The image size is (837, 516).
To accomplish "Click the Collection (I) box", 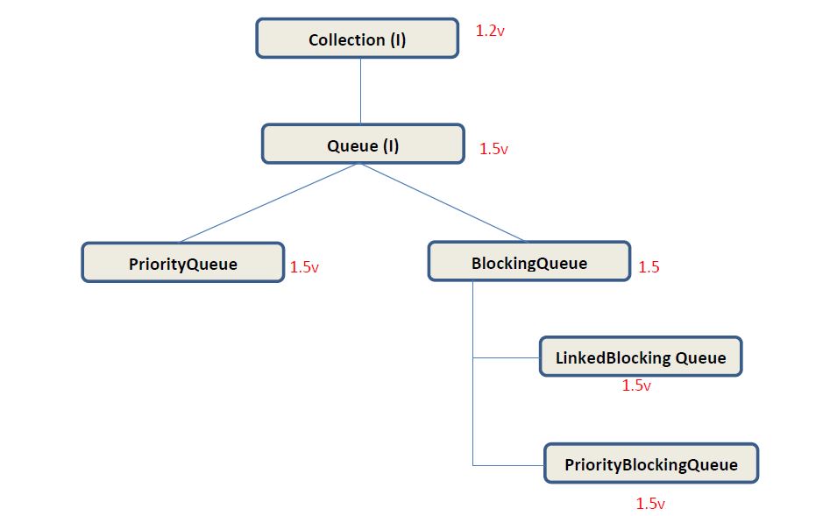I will (x=357, y=39).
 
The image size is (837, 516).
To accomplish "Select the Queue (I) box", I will (x=362, y=144).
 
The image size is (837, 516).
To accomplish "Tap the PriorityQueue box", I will (x=182, y=263).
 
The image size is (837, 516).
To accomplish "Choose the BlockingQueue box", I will (x=528, y=262).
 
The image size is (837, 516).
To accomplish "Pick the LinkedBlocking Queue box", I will (x=640, y=357).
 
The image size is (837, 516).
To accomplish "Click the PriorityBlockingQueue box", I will (x=650, y=463).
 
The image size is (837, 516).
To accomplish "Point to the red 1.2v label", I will (x=490, y=31).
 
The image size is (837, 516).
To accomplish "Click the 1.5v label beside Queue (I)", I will (x=493, y=149).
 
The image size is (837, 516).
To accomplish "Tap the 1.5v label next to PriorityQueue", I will (x=304, y=267).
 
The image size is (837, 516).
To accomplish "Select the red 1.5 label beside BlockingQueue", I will (x=649, y=267).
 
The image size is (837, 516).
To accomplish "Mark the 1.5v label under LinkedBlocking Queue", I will (x=636, y=385).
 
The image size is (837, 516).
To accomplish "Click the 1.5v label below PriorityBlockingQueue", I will (x=650, y=504).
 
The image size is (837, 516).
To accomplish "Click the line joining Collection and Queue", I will (x=361, y=91).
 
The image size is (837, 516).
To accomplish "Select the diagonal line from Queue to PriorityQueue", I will (x=267, y=202).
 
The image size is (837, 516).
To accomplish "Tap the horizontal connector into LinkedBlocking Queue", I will (x=506, y=357).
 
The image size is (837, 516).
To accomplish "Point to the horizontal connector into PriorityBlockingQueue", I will (x=508, y=464).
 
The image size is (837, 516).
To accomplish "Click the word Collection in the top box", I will (x=346, y=39).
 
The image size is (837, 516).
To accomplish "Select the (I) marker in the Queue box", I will (x=390, y=145).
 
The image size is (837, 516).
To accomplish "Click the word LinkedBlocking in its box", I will (x=613, y=357).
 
